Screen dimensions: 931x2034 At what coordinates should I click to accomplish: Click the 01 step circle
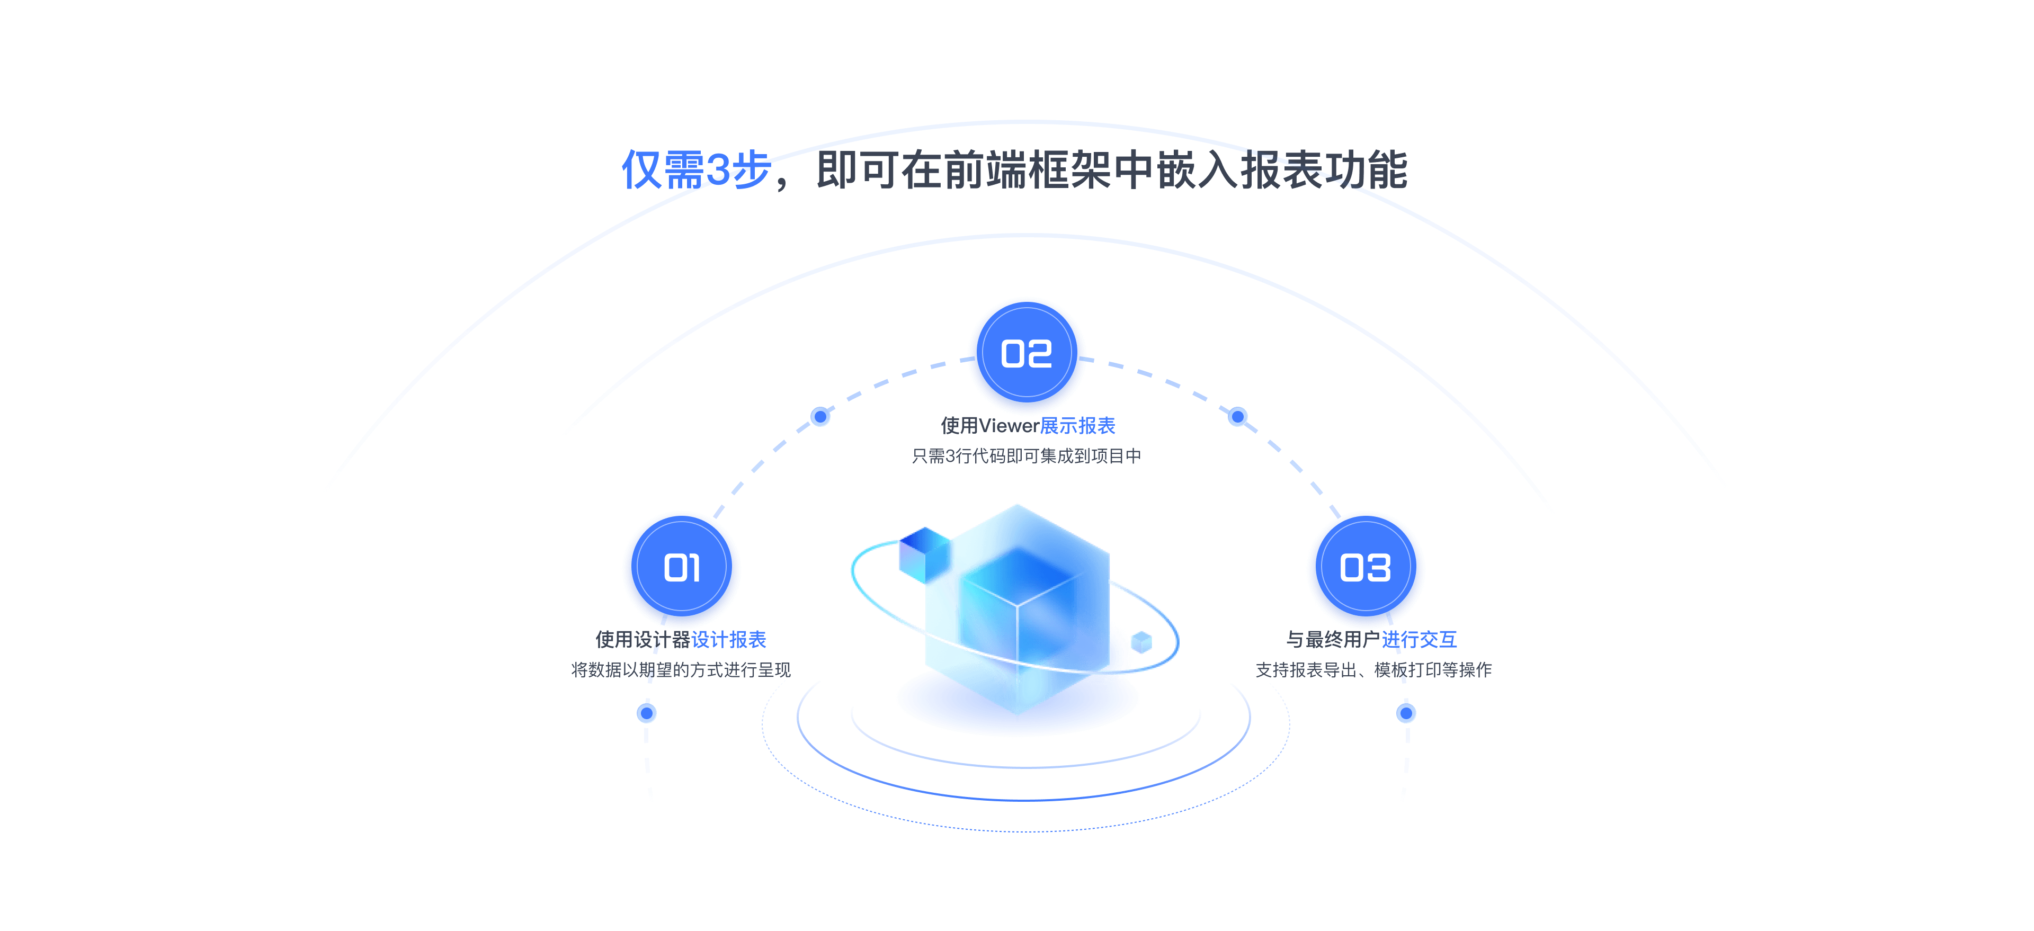681,569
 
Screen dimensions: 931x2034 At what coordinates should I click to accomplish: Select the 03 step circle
1366,569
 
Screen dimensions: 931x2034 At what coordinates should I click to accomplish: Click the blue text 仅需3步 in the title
695,170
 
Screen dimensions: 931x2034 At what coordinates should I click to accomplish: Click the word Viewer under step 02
1009,426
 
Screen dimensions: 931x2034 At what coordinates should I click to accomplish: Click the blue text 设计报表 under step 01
729,640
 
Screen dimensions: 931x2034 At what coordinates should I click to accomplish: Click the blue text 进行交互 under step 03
1419,640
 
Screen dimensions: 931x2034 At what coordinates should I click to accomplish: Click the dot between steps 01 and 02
820,416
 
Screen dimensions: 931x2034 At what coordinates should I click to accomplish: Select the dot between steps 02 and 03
1238,416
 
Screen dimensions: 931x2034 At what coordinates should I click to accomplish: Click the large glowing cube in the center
1019,608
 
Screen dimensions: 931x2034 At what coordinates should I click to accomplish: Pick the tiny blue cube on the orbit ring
1142,642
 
